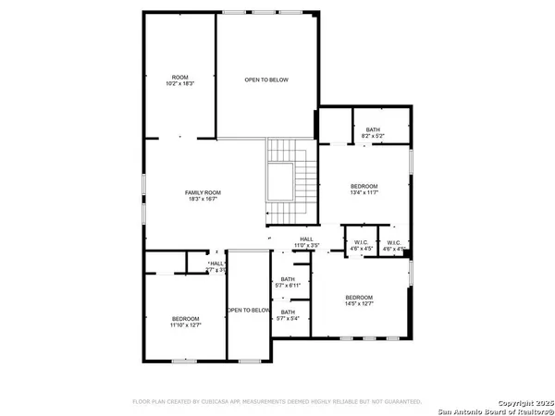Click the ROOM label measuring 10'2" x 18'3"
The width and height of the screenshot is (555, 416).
tap(180, 80)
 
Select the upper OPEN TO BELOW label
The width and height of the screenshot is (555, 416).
tap(266, 80)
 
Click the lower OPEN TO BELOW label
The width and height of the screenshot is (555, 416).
tap(249, 310)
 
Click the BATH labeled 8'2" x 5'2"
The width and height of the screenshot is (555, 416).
tap(373, 132)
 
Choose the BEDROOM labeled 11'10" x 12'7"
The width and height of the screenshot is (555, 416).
tap(185, 322)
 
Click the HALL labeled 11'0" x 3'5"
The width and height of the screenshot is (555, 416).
tap(306, 241)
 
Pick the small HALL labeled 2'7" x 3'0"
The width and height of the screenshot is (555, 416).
tap(216, 266)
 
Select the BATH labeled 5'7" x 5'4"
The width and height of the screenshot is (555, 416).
tap(288, 315)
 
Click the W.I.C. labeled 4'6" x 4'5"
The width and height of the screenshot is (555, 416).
tap(359, 246)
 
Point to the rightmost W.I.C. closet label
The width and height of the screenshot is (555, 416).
tap(395, 246)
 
